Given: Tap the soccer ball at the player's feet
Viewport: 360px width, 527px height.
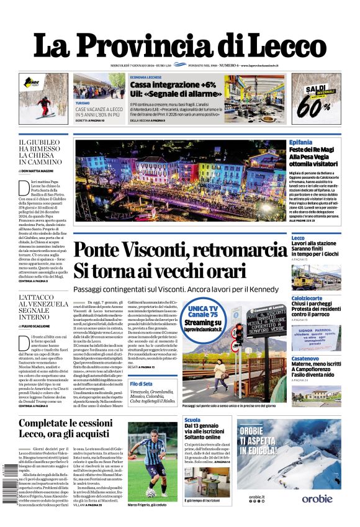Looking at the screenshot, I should [151, 493].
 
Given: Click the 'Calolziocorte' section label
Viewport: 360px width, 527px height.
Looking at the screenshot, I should [307, 298].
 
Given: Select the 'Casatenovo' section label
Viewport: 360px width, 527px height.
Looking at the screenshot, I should [305, 358].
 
